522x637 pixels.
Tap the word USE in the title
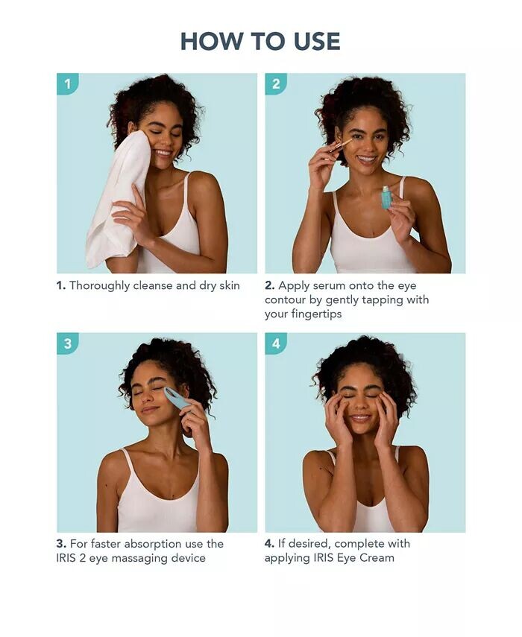[x=317, y=41]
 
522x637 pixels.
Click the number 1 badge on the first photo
[x=67, y=83]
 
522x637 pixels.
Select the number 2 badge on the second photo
[x=276, y=83]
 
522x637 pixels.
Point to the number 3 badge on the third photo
[x=67, y=343]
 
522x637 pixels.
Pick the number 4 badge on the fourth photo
[x=276, y=343]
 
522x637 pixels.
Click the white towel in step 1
[x=119, y=199]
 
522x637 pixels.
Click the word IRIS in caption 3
[x=66, y=558]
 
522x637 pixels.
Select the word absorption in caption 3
[x=154, y=545]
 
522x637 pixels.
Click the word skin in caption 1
[x=230, y=285]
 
